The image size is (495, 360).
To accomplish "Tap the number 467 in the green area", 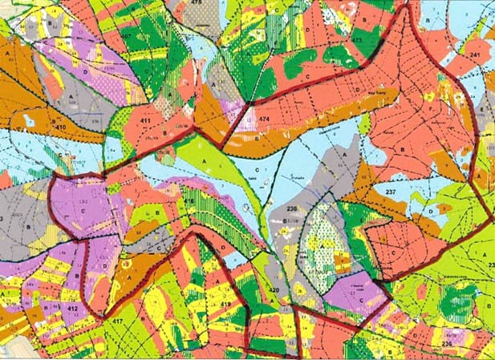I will [x=128, y=37].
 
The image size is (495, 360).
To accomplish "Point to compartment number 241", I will [x=475, y=55].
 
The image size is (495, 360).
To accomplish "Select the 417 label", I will [x=118, y=323].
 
